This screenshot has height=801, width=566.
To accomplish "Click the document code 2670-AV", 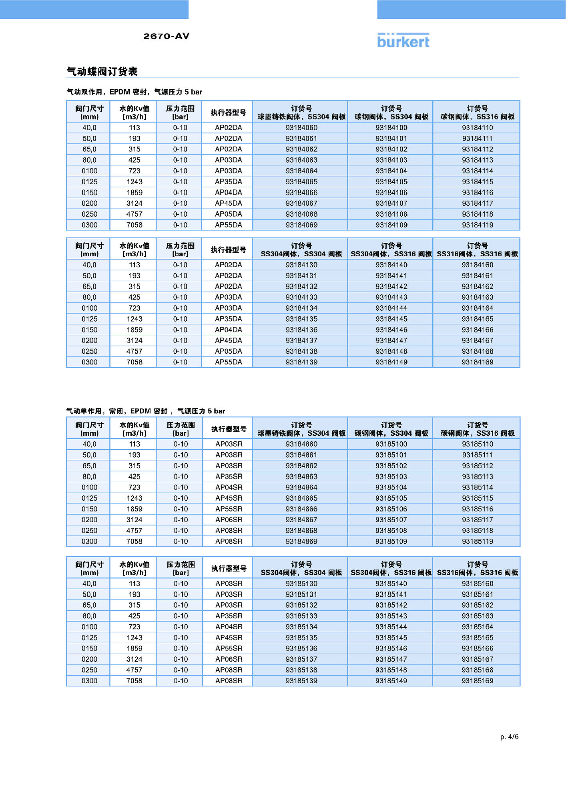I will pyautogui.click(x=166, y=36).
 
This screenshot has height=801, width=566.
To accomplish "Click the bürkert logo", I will pyautogui.click(x=403, y=41).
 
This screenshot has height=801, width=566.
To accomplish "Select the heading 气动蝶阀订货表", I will pyautogui.click(x=102, y=72).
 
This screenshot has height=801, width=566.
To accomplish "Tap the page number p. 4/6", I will pyautogui.click(x=509, y=737).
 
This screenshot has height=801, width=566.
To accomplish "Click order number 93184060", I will pyautogui.click(x=301, y=128).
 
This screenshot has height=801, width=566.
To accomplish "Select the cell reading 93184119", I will pyautogui.click(x=478, y=225).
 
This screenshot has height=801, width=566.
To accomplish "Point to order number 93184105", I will pyautogui.click(x=391, y=182).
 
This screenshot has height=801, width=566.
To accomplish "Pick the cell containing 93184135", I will pyautogui.click(x=301, y=319).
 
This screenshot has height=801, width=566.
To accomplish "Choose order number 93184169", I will pyautogui.click(x=478, y=362).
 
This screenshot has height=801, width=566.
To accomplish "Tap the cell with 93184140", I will pyautogui.click(x=391, y=265).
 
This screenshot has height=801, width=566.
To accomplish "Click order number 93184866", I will pyautogui.click(x=301, y=509).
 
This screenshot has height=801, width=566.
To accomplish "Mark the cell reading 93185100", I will pyautogui.click(x=391, y=444).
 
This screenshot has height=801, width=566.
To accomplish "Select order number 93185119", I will pyautogui.click(x=478, y=541).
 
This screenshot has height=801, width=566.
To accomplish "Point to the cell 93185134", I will pyautogui.click(x=301, y=627).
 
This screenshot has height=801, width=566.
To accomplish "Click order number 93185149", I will pyautogui.click(x=391, y=681).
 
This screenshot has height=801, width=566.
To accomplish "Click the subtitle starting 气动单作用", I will pyautogui.click(x=146, y=411).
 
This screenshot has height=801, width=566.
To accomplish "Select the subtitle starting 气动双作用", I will pyautogui.click(x=134, y=92).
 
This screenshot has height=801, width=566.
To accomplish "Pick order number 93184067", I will pyautogui.click(x=301, y=203).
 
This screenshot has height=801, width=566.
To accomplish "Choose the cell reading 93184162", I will pyautogui.click(x=478, y=287).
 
